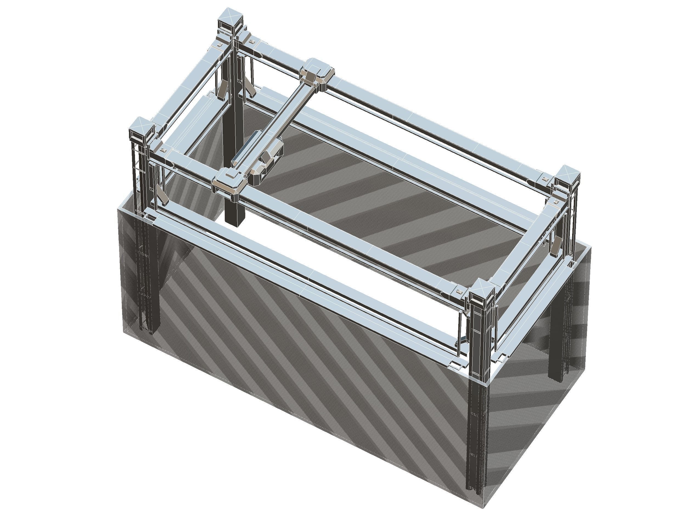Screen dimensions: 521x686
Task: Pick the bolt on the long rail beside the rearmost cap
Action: point(251,41)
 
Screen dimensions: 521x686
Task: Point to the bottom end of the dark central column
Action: point(235,222)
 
